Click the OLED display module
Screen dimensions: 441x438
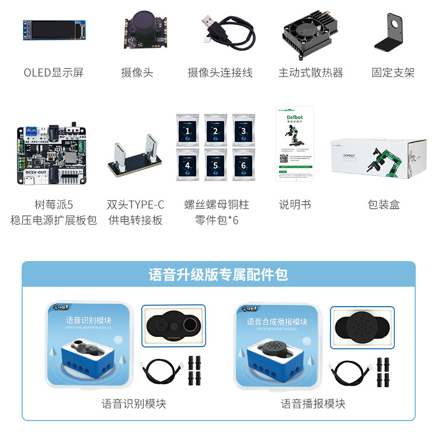(54, 30)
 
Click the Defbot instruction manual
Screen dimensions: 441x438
(295, 143)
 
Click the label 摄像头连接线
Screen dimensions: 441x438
(220, 72)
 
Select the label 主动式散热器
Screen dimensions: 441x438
(310, 72)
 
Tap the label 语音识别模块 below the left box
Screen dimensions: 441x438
(134, 404)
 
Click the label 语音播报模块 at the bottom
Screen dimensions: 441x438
(313, 404)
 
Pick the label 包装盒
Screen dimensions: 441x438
(384, 204)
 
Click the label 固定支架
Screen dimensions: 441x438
(393, 72)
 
